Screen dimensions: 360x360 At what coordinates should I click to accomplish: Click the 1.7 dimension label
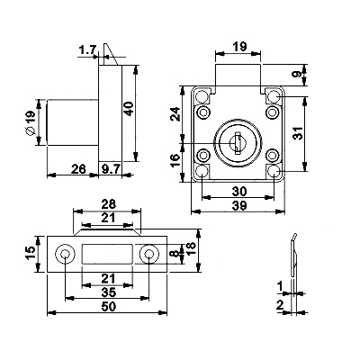click(87, 50)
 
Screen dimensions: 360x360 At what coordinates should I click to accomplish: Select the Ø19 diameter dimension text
click(30, 122)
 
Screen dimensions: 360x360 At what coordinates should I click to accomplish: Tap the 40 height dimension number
click(129, 109)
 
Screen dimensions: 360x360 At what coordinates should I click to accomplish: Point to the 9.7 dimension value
click(110, 169)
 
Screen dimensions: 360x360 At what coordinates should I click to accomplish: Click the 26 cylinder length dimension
click(78, 169)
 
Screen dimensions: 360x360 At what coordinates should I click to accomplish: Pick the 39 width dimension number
click(239, 206)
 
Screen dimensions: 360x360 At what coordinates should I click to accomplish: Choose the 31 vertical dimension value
click(298, 132)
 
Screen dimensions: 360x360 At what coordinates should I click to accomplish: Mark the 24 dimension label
click(175, 113)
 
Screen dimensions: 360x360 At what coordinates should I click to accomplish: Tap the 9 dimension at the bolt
click(298, 74)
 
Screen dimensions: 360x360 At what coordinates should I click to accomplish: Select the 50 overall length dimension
click(108, 306)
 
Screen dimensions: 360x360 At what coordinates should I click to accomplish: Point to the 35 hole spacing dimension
click(108, 292)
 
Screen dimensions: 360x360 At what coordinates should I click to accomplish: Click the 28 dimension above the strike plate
click(108, 204)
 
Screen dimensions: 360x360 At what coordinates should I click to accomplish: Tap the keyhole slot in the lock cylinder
click(238, 143)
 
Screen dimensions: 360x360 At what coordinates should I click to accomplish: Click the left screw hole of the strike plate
click(65, 255)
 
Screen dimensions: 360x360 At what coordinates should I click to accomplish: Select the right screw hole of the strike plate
click(148, 255)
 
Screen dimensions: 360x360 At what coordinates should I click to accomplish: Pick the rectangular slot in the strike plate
click(107, 255)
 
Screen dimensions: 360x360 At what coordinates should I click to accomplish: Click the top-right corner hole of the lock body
click(274, 97)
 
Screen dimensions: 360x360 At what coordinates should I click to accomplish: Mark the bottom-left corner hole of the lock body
click(202, 172)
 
